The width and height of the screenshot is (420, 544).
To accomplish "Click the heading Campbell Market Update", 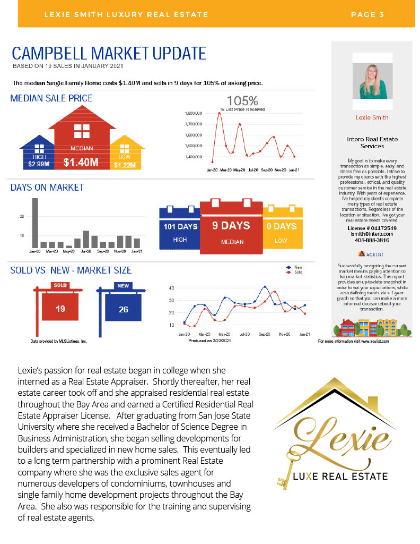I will [109, 54].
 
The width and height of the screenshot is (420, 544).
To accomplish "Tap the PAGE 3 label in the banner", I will [367, 14].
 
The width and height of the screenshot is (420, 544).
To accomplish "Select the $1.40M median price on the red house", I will [81, 163].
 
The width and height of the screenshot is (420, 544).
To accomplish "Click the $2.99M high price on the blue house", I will [39, 164].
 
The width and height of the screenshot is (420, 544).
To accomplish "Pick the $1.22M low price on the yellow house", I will [125, 165].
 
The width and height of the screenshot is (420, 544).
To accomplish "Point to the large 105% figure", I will [242, 100].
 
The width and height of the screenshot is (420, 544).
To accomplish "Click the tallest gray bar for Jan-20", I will [35, 223].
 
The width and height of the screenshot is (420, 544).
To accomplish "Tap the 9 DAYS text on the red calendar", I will [231, 226].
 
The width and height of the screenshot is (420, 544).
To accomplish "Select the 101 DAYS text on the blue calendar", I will [180, 227].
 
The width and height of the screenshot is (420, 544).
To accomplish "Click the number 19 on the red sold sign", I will [60, 309].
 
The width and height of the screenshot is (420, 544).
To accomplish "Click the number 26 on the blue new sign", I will [123, 309].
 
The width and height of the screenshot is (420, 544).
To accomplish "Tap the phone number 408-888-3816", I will [371, 240].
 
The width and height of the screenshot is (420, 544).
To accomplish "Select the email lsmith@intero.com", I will [371, 234].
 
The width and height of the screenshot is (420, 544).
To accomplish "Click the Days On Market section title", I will [47, 188].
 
